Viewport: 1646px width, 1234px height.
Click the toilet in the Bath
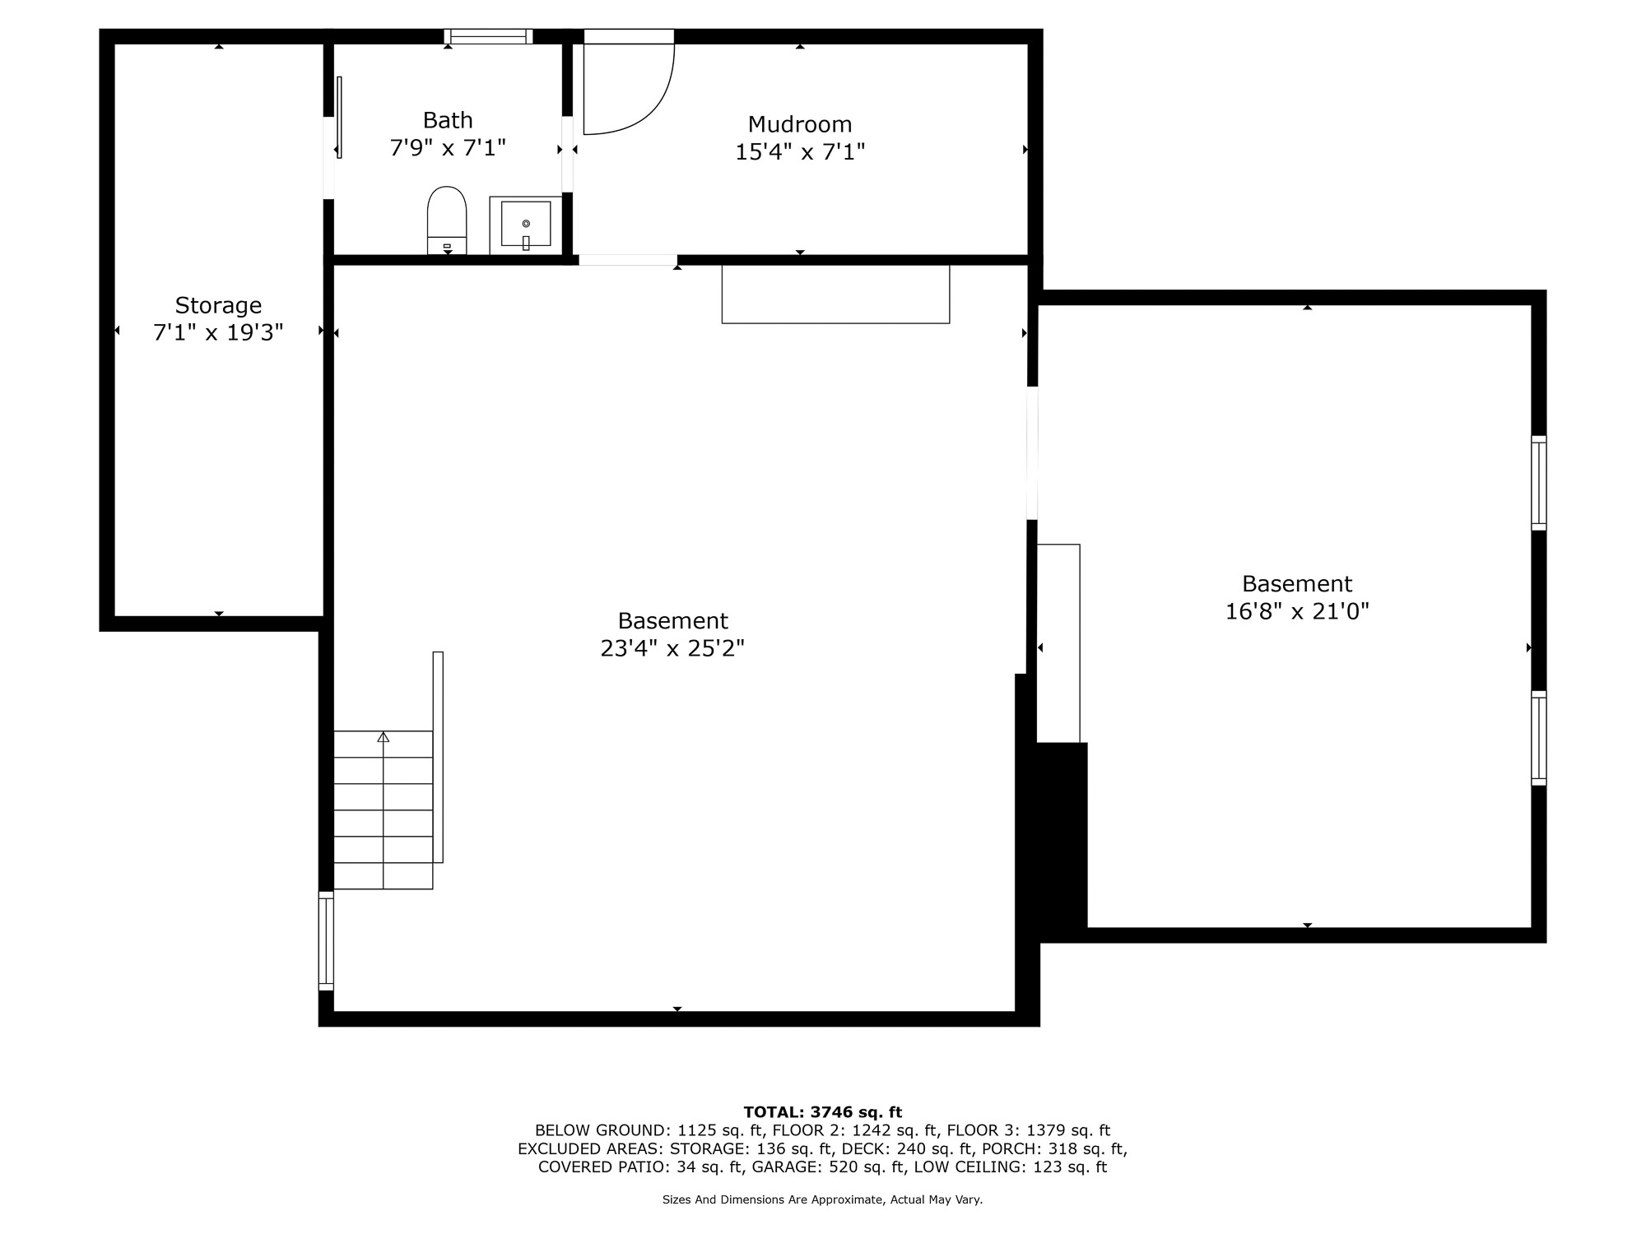(447, 220)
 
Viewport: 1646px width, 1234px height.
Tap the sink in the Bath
(526, 225)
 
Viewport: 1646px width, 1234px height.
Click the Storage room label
(218, 305)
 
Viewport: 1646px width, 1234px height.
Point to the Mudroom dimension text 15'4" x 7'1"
(800, 152)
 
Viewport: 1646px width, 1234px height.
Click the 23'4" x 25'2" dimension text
(672, 648)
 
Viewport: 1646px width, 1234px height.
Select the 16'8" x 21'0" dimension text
(1297, 611)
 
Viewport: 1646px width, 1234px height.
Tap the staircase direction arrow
(383, 737)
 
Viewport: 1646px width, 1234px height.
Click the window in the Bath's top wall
(489, 36)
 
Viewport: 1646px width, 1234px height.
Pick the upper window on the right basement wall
(1538, 483)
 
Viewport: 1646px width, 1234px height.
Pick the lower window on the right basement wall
(1538, 738)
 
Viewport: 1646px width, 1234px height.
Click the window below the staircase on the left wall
(326, 940)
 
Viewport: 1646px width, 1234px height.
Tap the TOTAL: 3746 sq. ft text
(823, 1112)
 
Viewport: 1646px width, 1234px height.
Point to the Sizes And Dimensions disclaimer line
(823, 1199)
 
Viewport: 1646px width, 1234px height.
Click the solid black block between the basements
(1062, 836)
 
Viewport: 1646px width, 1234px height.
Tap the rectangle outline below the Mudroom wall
(835, 294)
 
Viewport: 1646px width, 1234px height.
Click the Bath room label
(448, 120)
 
